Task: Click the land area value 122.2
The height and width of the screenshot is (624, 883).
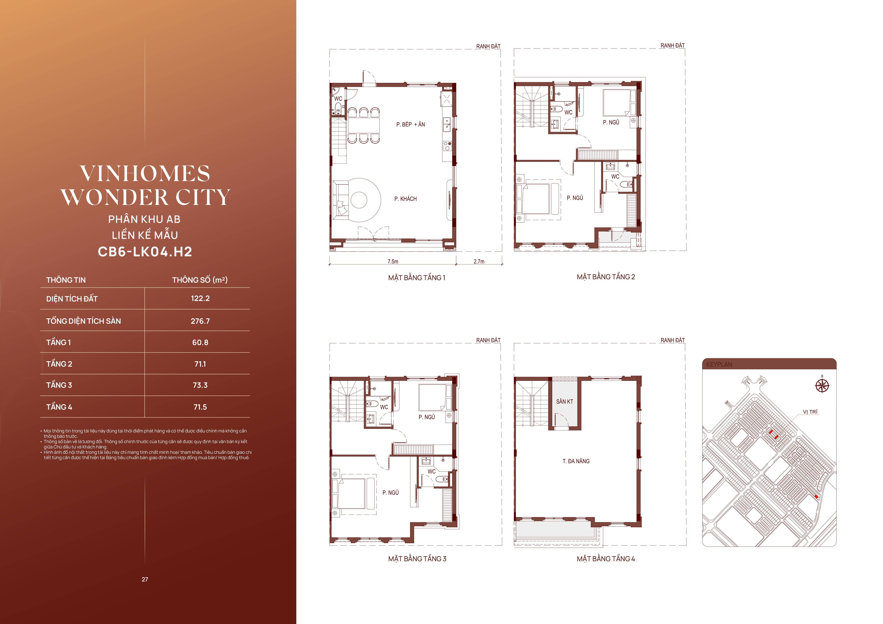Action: pyautogui.click(x=200, y=298)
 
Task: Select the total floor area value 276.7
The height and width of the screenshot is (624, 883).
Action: pyautogui.click(x=200, y=321)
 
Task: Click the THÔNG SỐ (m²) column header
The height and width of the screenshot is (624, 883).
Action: pyautogui.click(x=200, y=280)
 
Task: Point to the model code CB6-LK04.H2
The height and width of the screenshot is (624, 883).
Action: pyautogui.click(x=145, y=252)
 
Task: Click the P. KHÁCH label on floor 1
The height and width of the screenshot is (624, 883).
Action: pyautogui.click(x=405, y=199)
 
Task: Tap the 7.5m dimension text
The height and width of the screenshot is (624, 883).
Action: pyautogui.click(x=393, y=261)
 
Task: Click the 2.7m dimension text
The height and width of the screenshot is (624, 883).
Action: pyautogui.click(x=479, y=261)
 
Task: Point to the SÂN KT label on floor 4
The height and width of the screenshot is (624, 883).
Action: pyautogui.click(x=565, y=401)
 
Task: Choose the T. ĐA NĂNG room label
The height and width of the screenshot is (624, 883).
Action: pyautogui.click(x=576, y=461)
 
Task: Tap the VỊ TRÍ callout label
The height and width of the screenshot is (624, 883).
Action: pyautogui.click(x=810, y=412)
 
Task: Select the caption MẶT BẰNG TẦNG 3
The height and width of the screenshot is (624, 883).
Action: pyautogui.click(x=417, y=559)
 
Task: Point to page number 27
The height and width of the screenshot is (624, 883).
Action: pyautogui.click(x=145, y=579)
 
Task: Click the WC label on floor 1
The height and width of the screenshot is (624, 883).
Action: pyautogui.click(x=338, y=99)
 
